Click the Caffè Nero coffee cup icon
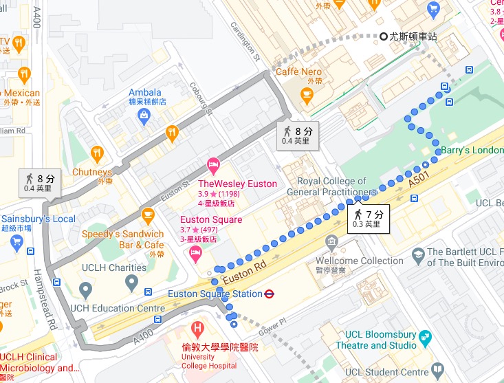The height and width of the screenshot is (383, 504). pyautogui.click(x=307, y=93)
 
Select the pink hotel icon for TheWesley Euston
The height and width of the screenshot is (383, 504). pyautogui.click(x=213, y=164)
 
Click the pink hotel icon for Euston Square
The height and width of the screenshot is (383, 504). pyautogui.click(x=195, y=255)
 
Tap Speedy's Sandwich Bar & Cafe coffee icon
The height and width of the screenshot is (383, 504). pyautogui.click(x=147, y=215)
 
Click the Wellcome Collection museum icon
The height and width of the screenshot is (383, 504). pyautogui.click(x=332, y=242)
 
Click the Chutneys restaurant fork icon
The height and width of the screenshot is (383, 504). pyautogui.click(x=97, y=153)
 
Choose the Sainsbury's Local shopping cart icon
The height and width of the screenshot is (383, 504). pyautogui.click(x=18, y=241)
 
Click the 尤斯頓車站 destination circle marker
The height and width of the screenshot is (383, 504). pyautogui.click(x=384, y=36)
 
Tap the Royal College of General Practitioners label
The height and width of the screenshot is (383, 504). pyautogui.click(x=336, y=186)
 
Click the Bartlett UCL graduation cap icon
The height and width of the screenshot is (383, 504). pyautogui.click(x=417, y=256)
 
